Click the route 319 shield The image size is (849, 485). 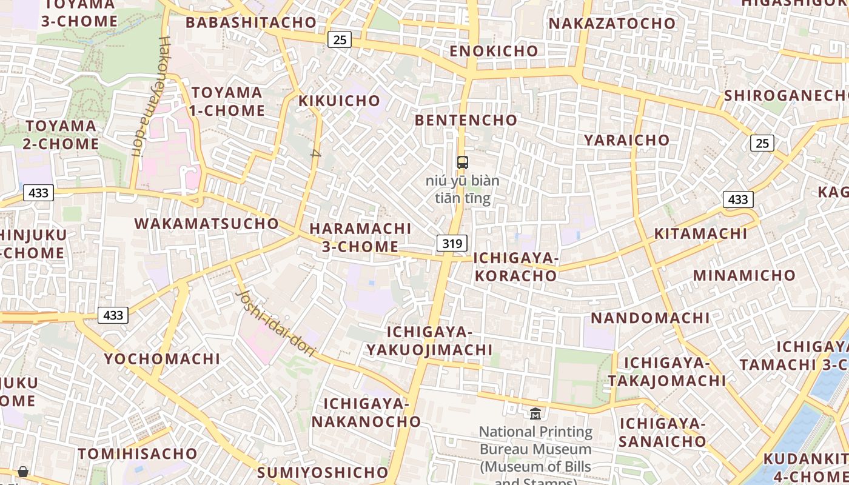(x=452, y=244)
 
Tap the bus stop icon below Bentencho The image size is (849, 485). (x=463, y=162)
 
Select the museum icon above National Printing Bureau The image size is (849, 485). (x=535, y=414)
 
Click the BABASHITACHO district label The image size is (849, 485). (x=251, y=23)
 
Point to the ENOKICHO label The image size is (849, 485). (x=494, y=52)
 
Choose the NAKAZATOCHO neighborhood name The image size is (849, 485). (x=612, y=24)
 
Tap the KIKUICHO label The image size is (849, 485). (x=340, y=101)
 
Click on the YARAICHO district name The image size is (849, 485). (x=626, y=140)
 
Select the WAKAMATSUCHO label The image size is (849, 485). (x=206, y=224)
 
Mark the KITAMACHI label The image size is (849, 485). (x=700, y=234)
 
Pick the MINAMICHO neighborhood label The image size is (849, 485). (x=744, y=276)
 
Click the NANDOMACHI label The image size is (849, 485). (x=650, y=318)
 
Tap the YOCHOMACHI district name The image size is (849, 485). (x=162, y=359)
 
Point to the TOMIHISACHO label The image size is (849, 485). (x=138, y=454)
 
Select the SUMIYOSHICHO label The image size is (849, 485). (x=323, y=472)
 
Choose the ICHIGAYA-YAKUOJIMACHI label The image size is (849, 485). (x=430, y=341)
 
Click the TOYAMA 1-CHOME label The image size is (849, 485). (x=227, y=102)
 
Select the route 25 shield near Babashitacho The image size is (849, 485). (x=340, y=40)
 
